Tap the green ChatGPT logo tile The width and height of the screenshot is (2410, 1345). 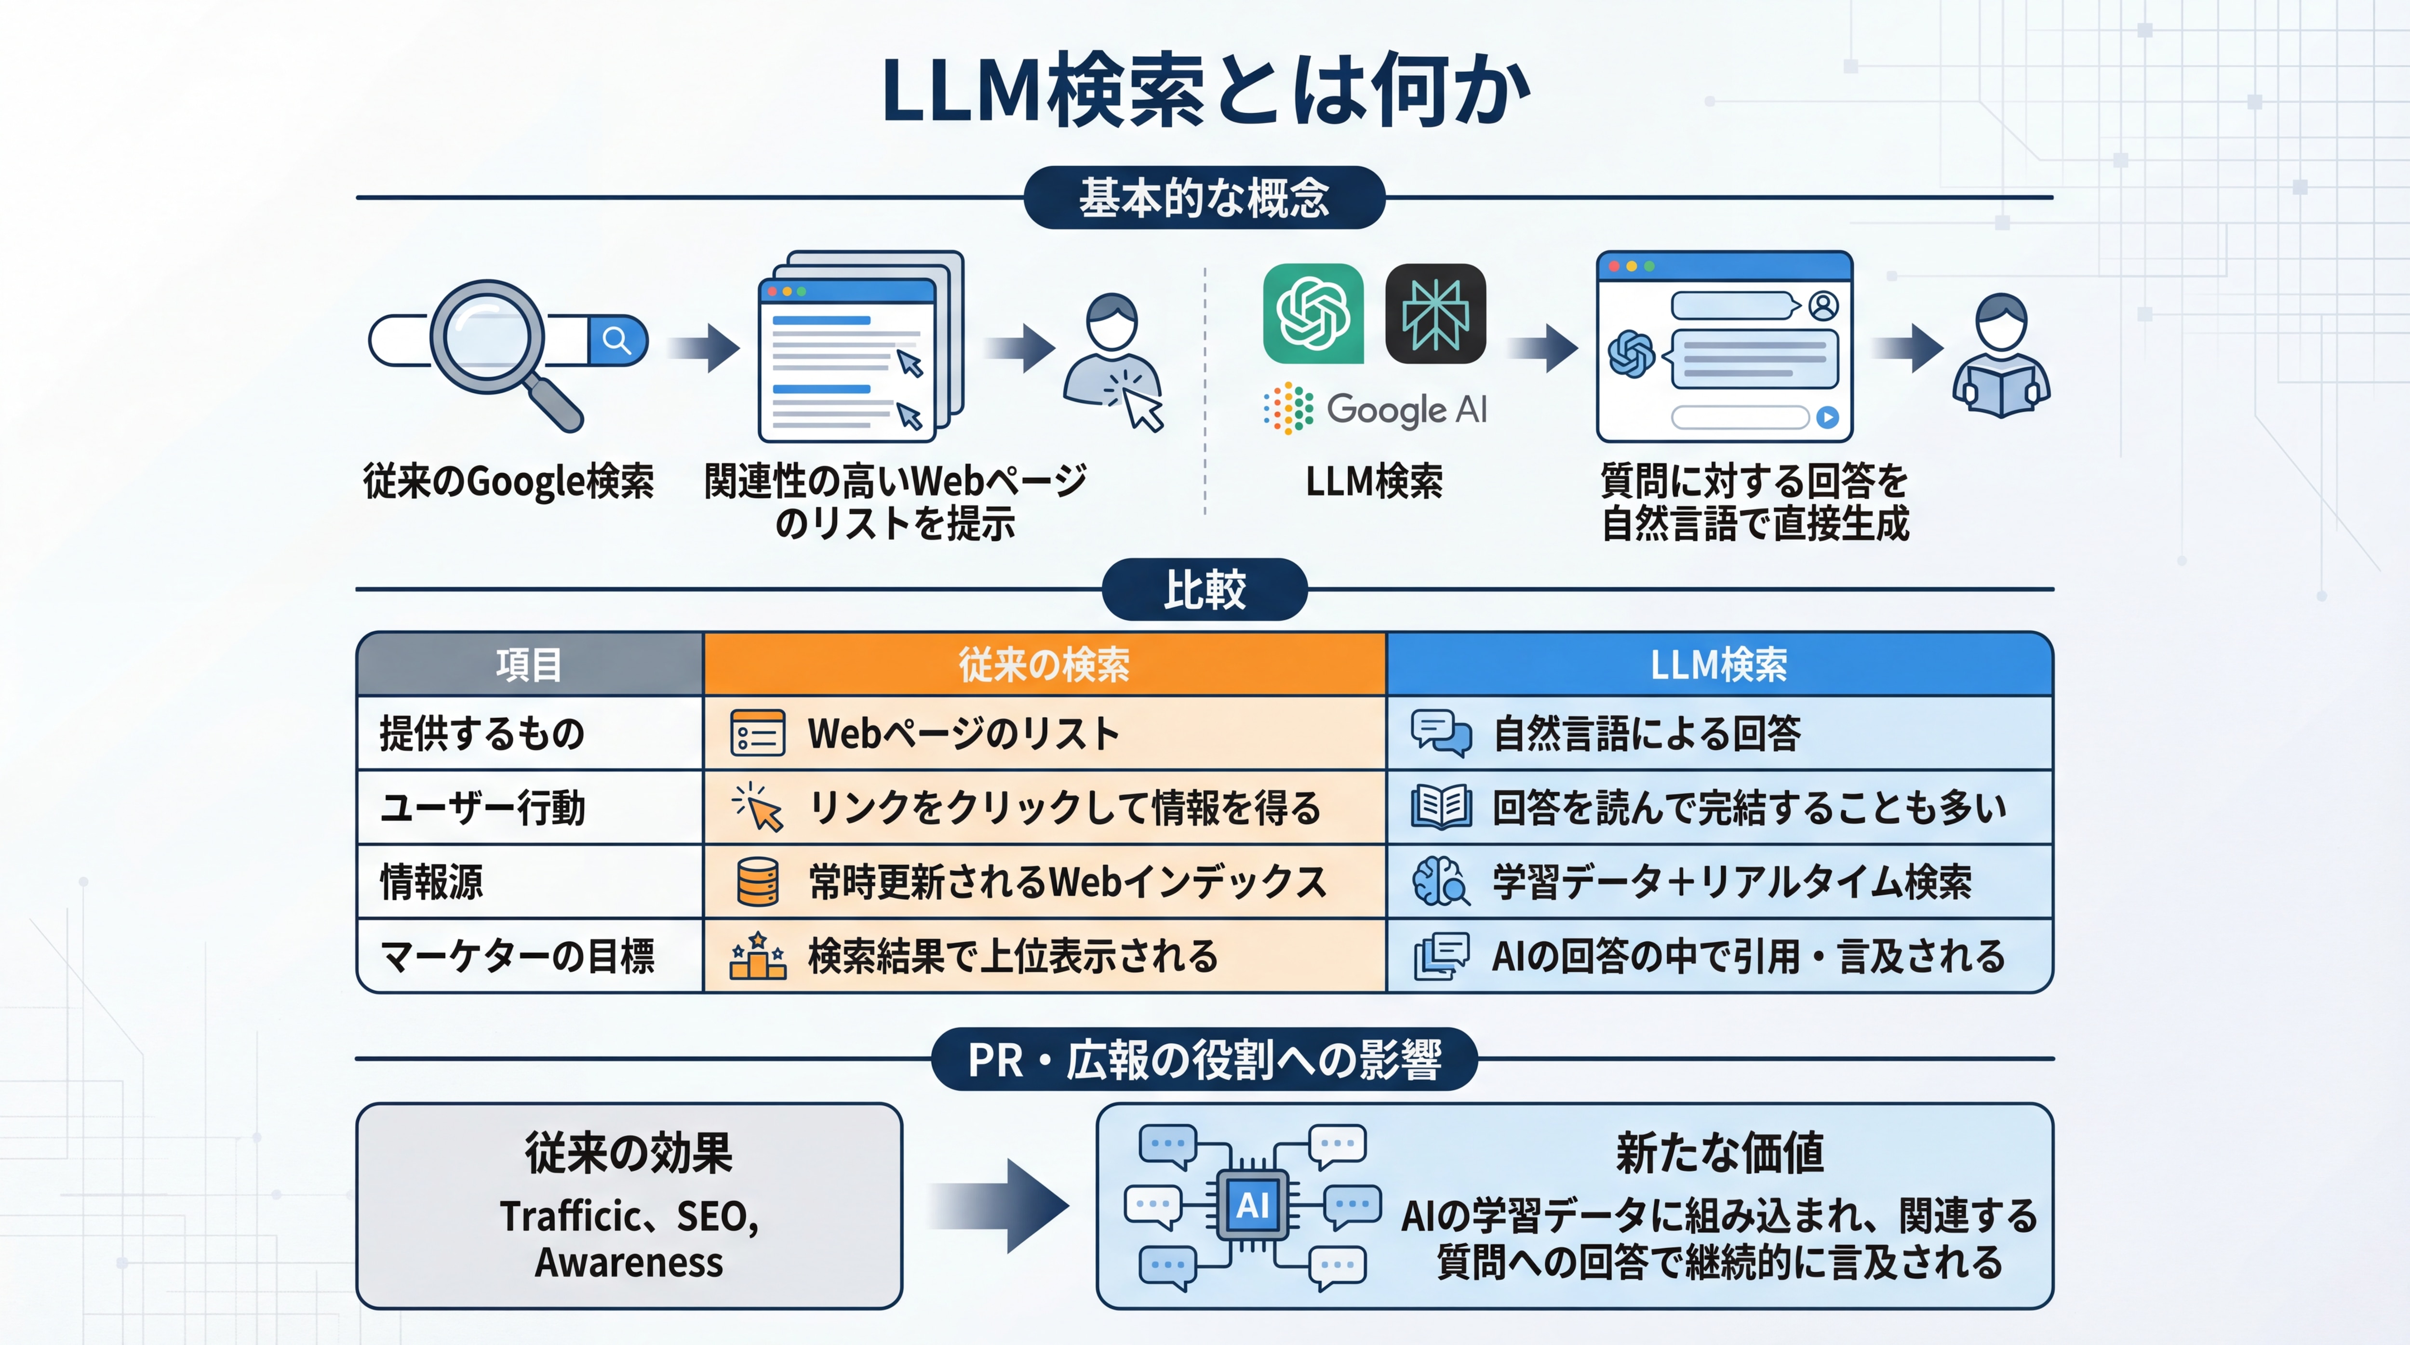click(x=1312, y=313)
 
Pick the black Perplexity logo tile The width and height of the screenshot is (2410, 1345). click(x=1435, y=313)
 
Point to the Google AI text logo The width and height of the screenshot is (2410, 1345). click(x=1375, y=409)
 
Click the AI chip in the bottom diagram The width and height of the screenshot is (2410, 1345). click(x=1253, y=1205)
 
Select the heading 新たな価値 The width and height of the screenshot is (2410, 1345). click(x=1720, y=1152)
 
